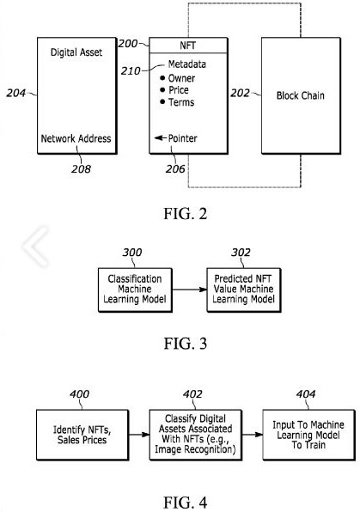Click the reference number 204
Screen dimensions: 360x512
16,93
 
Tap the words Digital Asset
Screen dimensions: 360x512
76,52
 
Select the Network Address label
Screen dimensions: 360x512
76,138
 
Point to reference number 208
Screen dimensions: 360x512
81,169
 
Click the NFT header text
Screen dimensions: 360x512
188,46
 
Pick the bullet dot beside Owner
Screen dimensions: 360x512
162,78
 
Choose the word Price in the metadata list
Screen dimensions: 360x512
179,90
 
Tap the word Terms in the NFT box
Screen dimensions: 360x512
181,102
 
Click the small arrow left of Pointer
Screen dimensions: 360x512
161,138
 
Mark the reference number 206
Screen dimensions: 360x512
175,169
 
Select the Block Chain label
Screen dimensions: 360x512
301,95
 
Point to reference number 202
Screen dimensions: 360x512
240,93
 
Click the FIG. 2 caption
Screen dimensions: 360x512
186,214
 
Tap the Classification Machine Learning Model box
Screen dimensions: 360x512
135,290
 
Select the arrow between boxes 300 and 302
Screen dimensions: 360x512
190,290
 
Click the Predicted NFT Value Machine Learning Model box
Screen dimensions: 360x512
244,290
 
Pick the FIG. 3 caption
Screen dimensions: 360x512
186,344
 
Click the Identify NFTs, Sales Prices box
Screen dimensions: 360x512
82,435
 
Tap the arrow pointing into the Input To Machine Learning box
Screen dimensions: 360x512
253,435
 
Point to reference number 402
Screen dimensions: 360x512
192,394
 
